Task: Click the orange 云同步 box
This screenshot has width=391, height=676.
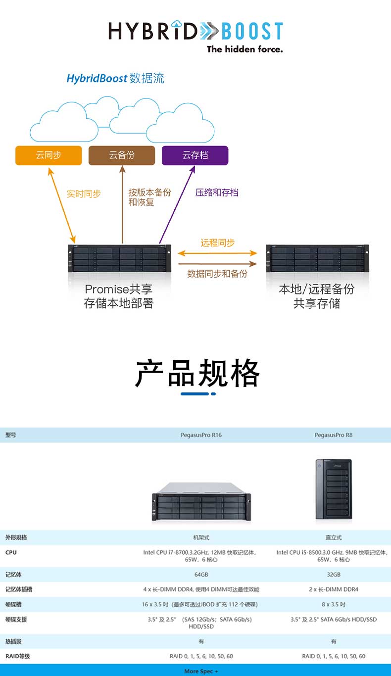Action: pos(49,155)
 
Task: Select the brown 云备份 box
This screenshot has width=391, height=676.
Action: pos(122,155)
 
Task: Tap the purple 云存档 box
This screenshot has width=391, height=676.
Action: pos(195,155)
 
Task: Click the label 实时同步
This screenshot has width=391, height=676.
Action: pos(84,194)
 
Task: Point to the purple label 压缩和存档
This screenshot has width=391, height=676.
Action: pos(217,193)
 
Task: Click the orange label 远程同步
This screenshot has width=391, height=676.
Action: pos(217,243)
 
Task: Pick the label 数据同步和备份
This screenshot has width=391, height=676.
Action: pos(217,274)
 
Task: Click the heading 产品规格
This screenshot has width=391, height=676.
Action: pos(197,373)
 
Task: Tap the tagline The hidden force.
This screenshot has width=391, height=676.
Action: pos(244,49)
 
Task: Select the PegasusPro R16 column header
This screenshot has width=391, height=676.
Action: pos(201,435)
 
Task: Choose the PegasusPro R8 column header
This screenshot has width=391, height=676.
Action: pos(334,435)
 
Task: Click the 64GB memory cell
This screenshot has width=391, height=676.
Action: pos(201,575)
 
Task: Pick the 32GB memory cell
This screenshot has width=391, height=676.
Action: pos(334,575)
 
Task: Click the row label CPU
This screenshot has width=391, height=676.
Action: pos(10,552)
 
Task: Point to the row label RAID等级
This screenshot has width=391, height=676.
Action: pos(18,656)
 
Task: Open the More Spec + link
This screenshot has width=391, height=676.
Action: pos(201,671)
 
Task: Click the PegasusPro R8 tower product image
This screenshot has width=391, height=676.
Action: pos(334,490)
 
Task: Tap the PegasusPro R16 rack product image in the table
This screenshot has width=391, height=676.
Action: pos(201,502)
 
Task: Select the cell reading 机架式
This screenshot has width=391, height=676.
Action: pos(201,537)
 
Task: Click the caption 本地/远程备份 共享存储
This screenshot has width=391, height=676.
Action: pos(317,296)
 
